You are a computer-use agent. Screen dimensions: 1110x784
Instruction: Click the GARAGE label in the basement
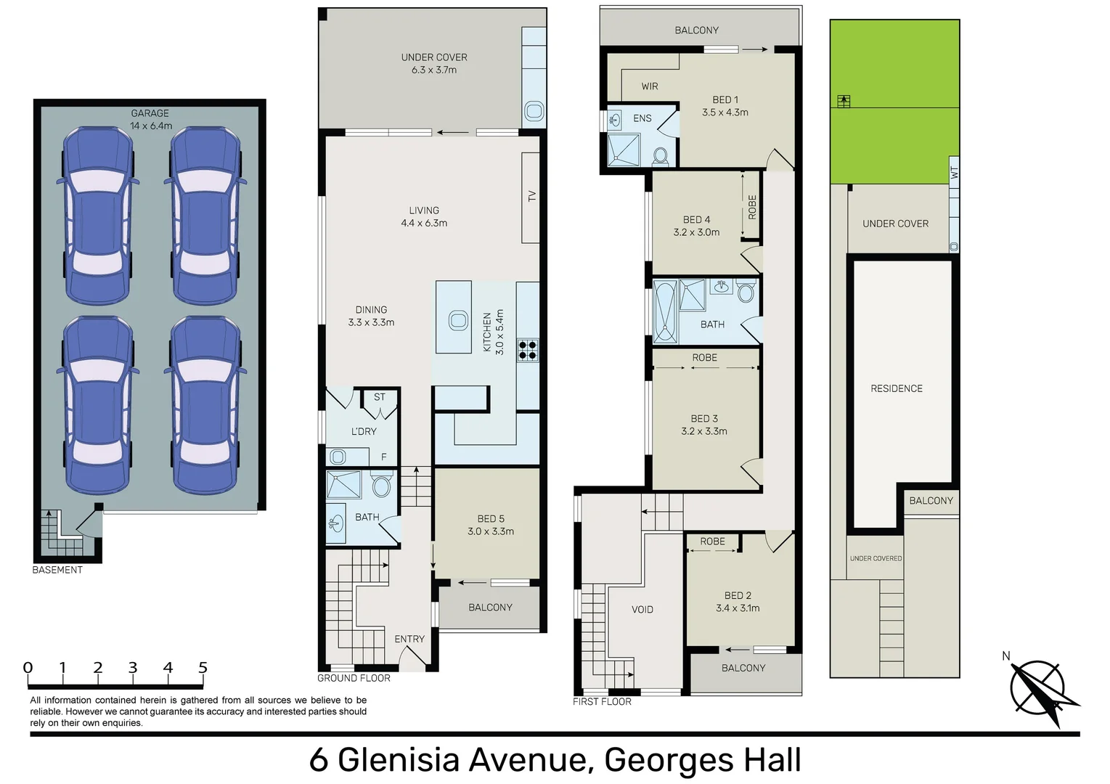pos(150,113)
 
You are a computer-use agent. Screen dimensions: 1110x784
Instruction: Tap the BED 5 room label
pos(491,519)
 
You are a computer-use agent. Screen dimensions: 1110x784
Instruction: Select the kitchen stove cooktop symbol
pos(528,349)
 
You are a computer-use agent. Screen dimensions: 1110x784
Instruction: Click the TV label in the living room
pos(531,196)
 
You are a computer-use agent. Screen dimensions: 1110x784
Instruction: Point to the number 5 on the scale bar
pos(203,668)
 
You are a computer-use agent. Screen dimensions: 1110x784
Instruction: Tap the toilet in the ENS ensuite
pos(660,157)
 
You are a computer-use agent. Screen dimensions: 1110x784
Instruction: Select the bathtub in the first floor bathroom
pos(665,311)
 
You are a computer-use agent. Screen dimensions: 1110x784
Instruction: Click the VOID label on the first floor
pos(642,610)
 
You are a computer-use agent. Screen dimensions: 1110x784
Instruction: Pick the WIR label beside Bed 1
pos(650,86)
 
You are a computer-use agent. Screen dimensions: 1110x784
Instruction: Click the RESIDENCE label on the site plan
pos(897,388)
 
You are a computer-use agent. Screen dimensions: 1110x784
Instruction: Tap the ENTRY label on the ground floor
pos(409,639)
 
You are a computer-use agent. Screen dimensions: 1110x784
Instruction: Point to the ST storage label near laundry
pos(380,397)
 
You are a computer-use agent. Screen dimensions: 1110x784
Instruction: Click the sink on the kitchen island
pos(458,320)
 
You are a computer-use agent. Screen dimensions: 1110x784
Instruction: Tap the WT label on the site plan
pos(955,173)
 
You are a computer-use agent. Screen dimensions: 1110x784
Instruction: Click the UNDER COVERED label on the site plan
pos(876,558)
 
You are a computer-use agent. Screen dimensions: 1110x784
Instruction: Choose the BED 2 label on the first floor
pos(738,596)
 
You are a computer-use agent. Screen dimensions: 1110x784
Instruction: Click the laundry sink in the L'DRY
pos(338,457)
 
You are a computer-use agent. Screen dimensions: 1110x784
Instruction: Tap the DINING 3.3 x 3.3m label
pos(371,316)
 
